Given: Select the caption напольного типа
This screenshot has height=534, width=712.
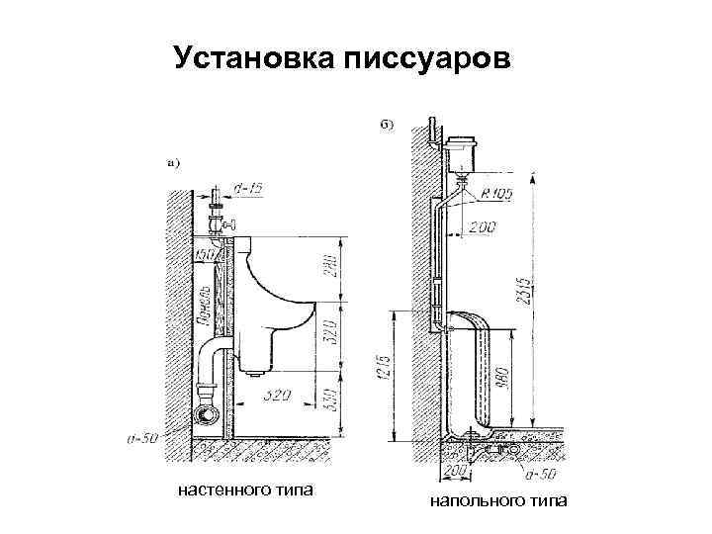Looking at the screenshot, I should pos(498,502).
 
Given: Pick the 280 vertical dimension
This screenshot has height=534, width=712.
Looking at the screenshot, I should pos(329,269).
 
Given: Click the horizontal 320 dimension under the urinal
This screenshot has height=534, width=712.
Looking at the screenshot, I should pos(279,396).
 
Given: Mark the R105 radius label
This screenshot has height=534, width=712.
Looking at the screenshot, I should pos(497,195).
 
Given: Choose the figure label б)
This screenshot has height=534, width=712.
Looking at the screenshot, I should pos(387,125).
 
